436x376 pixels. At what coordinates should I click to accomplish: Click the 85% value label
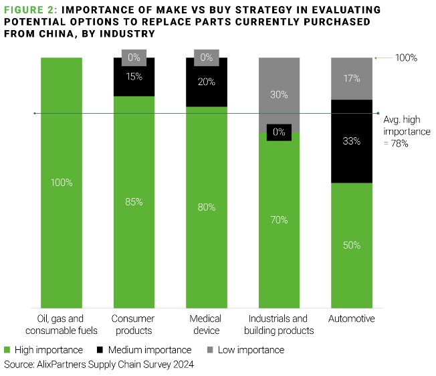click(134, 201)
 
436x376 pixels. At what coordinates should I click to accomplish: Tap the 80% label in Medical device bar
click(207, 207)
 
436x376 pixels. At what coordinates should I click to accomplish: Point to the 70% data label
click(279, 219)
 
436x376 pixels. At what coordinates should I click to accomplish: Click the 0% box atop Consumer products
click(133, 58)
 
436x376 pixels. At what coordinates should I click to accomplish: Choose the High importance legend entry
click(44, 350)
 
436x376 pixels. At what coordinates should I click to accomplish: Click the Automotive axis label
click(352, 318)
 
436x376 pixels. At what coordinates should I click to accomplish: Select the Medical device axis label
click(206, 324)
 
